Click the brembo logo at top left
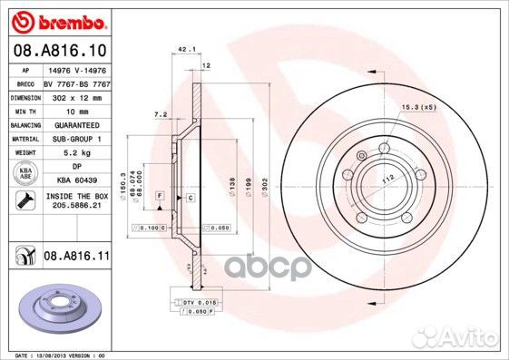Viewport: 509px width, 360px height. pos(56,19)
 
